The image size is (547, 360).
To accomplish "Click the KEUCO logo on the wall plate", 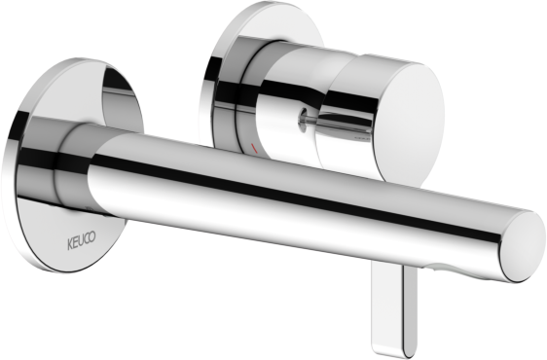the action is (x=82, y=241).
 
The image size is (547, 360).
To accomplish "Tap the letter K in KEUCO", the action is (x=70, y=245).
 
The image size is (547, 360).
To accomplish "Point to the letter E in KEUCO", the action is (x=75, y=243).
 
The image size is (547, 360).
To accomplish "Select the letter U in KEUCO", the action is (x=81, y=241).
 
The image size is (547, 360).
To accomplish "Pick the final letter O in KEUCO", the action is (x=92, y=237).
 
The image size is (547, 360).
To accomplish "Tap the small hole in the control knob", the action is (x=302, y=120).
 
